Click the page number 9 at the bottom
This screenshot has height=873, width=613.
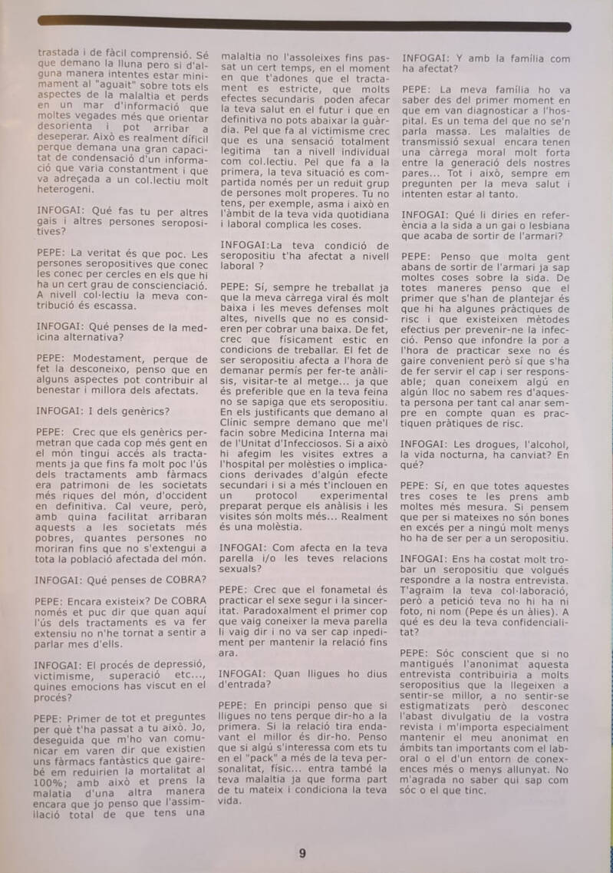302,853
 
